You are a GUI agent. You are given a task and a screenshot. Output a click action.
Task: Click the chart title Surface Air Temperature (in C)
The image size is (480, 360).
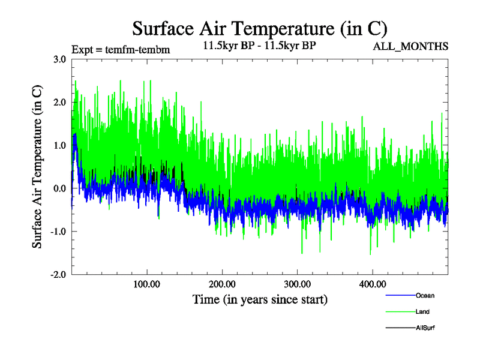260,28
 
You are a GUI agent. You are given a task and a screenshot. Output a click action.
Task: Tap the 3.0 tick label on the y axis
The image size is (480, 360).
59,59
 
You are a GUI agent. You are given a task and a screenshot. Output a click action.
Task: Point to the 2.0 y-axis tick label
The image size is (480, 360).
59,103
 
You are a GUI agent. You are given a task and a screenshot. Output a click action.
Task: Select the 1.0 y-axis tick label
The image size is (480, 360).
59,146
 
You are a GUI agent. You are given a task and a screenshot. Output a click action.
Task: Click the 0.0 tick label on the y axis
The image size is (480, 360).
59,189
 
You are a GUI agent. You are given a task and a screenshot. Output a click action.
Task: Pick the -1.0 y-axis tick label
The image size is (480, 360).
58,232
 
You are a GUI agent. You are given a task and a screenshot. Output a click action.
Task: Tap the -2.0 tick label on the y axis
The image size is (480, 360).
58,275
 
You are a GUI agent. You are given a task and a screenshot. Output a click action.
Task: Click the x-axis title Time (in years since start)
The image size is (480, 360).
260,299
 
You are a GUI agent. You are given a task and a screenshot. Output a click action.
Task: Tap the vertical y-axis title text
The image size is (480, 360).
37,167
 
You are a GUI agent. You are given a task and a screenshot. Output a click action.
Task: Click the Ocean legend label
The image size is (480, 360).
425,295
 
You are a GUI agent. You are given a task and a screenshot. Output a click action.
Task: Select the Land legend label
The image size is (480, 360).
422,312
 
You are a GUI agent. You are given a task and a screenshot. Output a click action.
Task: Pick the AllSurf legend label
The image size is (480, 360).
425,328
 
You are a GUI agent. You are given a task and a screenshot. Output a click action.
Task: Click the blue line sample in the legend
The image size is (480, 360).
400,295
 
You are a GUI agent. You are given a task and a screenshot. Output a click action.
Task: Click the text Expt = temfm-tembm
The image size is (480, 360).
120,50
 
